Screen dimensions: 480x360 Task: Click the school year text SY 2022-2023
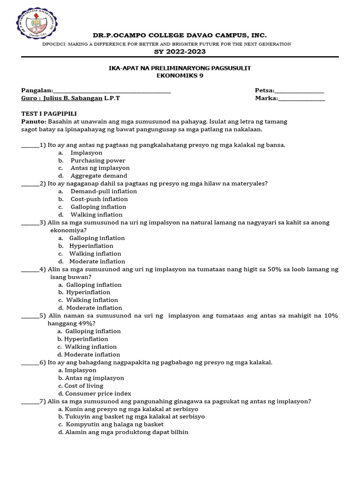coord(180,52)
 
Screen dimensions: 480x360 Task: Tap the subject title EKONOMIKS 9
coord(180,75)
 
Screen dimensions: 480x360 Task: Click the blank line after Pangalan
coord(112,90)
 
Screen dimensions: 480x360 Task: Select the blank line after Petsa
coord(299,90)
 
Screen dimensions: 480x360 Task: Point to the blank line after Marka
coord(301,98)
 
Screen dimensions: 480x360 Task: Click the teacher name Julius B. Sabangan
coord(73,98)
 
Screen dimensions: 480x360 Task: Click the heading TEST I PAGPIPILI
coord(49,114)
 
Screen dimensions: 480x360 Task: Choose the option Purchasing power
coord(98,160)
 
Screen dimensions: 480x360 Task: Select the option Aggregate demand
coord(99,176)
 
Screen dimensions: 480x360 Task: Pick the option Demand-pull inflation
coord(104,191)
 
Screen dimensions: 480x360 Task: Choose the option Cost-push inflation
coord(99,199)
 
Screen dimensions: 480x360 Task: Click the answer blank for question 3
coord(30,223)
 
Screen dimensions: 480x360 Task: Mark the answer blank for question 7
coord(30,401)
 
